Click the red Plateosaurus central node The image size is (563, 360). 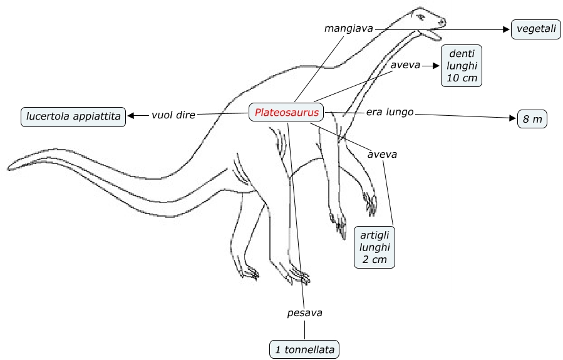(x=287, y=113)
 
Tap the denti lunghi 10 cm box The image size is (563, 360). (x=462, y=65)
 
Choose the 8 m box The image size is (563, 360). (x=532, y=120)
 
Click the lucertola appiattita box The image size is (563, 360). (x=73, y=116)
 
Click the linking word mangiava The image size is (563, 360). (x=349, y=28)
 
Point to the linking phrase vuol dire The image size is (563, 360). (x=173, y=115)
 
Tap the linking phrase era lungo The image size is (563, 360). (x=390, y=112)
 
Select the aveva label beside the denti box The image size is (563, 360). (x=405, y=64)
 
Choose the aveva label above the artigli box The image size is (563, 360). (x=383, y=153)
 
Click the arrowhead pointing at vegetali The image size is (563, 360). (x=507, y=29)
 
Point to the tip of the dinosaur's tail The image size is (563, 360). (x=9, y=167)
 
